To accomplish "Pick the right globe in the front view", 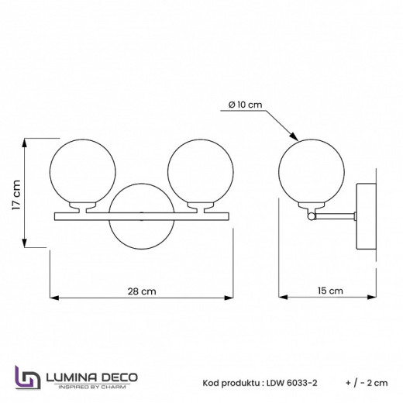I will (197, 170).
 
